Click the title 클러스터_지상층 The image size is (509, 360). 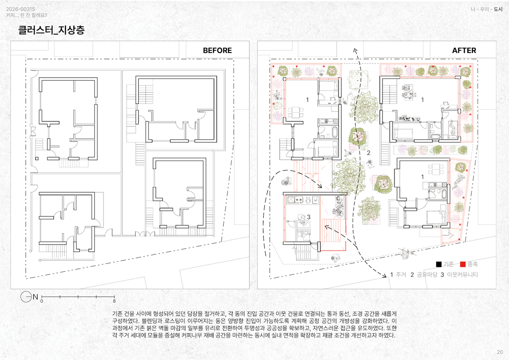52,30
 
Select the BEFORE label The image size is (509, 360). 217,50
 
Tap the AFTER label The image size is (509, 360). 464,50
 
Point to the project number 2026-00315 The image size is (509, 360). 20,9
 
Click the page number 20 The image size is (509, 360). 499,352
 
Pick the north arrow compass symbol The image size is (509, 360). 26,297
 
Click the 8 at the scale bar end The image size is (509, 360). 114,301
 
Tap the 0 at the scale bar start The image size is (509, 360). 42,301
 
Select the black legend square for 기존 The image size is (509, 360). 439,264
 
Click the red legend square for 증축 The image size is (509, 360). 463,264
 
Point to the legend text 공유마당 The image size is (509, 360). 427,275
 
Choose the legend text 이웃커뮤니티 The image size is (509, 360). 462,275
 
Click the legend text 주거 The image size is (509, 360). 401,275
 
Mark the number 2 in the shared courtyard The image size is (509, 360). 368,153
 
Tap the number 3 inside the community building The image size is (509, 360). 309,217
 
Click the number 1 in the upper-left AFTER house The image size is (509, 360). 307,100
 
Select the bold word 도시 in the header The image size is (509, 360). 498,9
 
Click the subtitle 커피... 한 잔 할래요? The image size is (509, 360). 27,15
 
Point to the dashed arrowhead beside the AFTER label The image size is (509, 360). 355,50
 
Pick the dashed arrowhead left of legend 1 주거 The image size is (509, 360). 384,275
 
